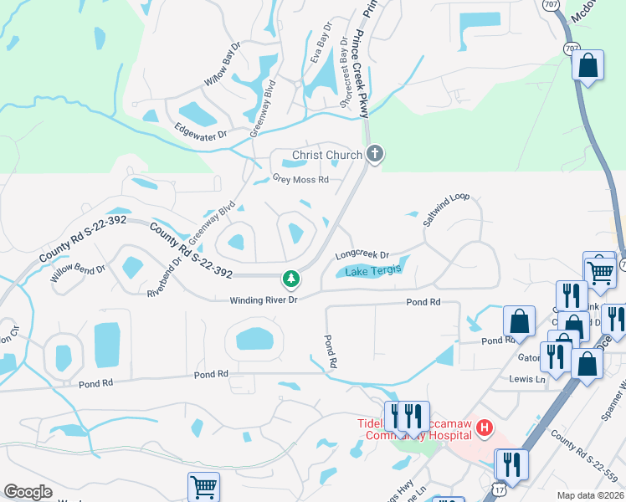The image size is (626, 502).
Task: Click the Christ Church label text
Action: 326,155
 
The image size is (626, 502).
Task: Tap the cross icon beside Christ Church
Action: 375,154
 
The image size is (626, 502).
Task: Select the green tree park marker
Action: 290,277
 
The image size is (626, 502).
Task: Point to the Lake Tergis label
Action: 373,270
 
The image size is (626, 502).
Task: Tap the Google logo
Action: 28,492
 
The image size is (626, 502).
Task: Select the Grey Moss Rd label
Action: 300,179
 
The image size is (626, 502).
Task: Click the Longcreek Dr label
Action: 362,255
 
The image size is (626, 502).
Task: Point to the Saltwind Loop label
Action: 446,210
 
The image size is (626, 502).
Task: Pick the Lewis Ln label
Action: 527,378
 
